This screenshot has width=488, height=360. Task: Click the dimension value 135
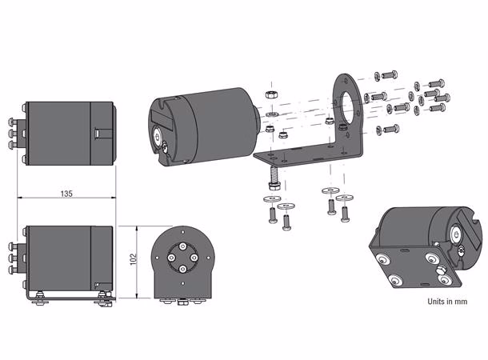click(x=66, y=194)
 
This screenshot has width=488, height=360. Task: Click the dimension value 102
click(x=134, y=259)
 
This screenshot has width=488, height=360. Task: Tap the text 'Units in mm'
click(x=447, y=301)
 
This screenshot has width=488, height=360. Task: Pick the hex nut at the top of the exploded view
click(x=271, y=94)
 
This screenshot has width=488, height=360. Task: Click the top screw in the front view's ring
click(x=182, y=246)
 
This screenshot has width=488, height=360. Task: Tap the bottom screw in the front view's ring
click(x=182, y=269)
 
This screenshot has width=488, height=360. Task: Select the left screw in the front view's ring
click(x=171, y=258)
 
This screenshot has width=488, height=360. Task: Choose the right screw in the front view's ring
click(x=194, y=258)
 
